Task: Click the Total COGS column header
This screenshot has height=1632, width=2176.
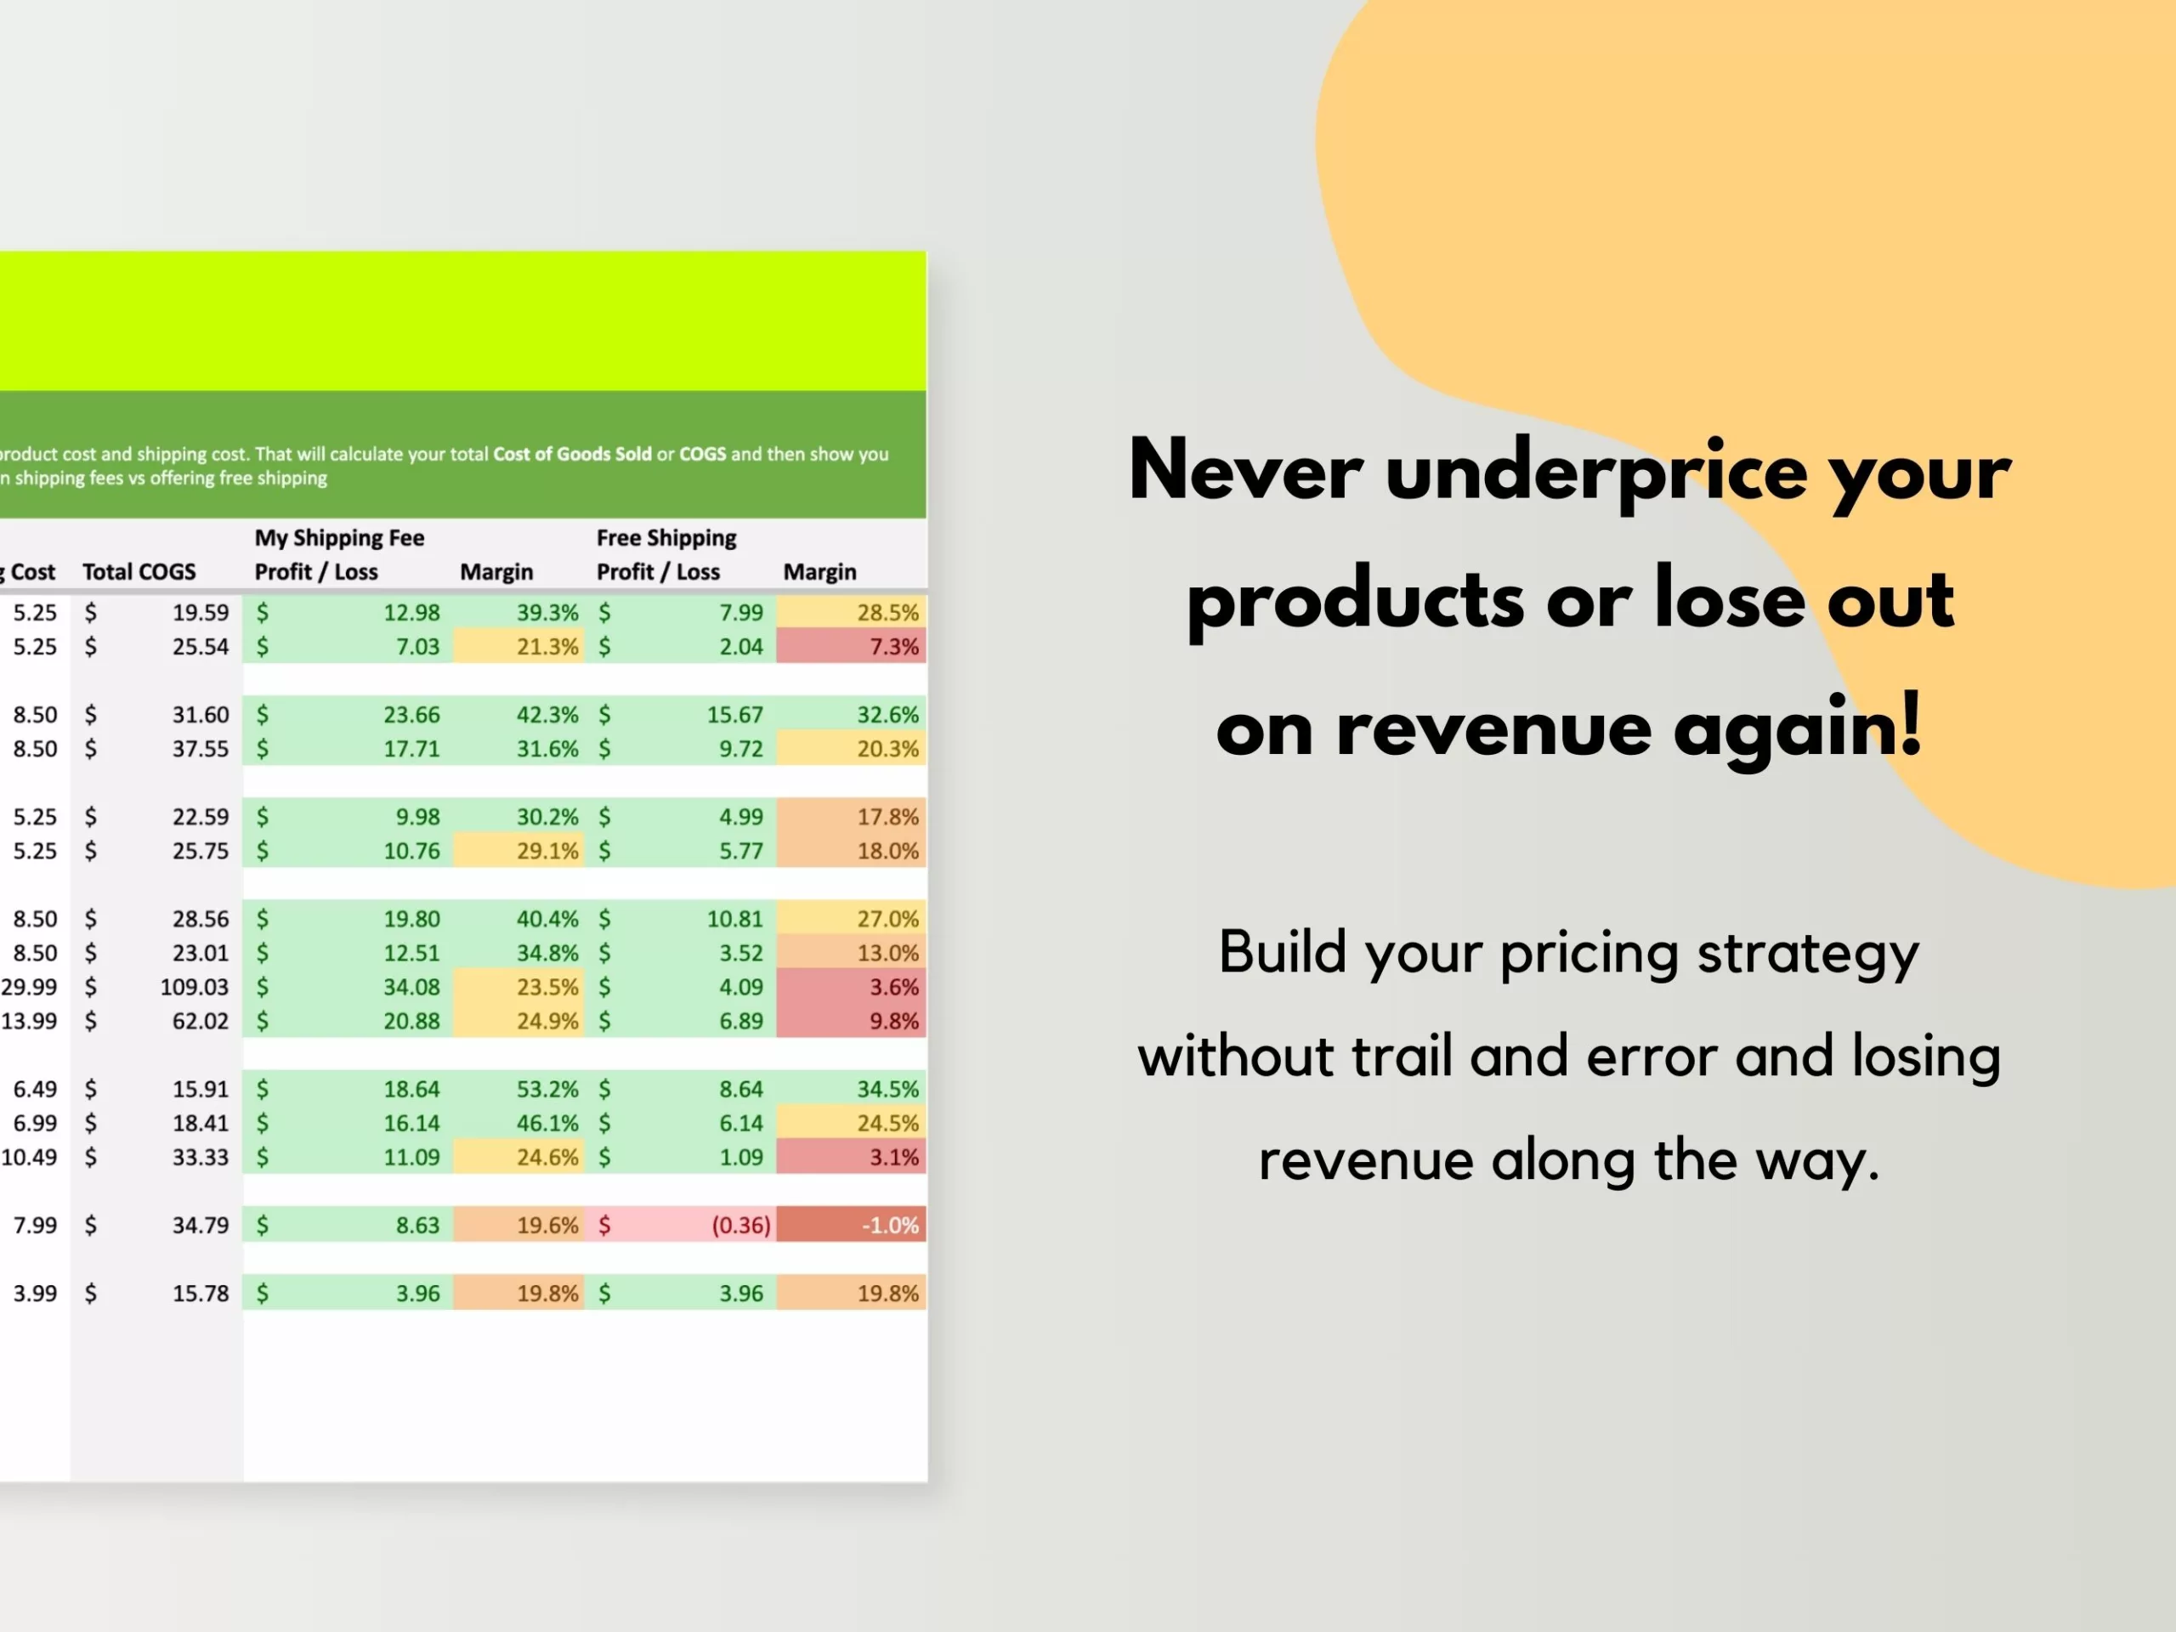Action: tap(139, 571)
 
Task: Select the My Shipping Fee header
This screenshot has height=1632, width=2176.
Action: tap(339, 538)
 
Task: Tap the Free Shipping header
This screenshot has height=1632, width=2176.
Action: tap(666, 538)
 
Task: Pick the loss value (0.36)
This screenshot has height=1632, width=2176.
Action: tap(740, 1225)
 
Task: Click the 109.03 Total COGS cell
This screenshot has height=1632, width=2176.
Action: tap(194, 987)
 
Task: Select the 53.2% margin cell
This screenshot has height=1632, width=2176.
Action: tap(547, 1089)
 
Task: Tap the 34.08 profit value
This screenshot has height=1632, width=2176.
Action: tap(411, 987)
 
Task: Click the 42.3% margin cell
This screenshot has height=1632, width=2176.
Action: tap(547, 714)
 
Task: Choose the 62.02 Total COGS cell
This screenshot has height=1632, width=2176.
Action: tap(200, 1021)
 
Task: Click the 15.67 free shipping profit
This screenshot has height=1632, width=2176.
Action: tap(734, 714)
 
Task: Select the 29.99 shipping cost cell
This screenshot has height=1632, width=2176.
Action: tap(30, 987)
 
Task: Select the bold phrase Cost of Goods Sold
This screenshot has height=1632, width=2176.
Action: tap(571, 454)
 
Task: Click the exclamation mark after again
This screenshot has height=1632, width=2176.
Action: tap(1909, 724)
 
